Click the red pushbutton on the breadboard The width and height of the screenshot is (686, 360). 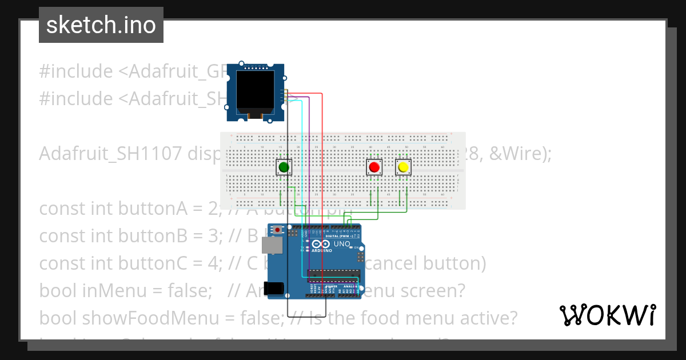coord(374,167)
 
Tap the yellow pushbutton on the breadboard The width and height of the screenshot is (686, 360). coord(404,167)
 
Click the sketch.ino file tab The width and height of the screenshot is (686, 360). coord(101,25)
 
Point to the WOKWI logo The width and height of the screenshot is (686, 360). coord(608,315)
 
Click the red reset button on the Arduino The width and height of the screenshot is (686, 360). coord(278,230)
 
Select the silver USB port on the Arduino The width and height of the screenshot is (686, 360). coord(272,246)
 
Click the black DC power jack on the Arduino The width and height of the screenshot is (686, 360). coord(274,288)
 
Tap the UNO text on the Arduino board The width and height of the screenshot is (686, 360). coord(342,244)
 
